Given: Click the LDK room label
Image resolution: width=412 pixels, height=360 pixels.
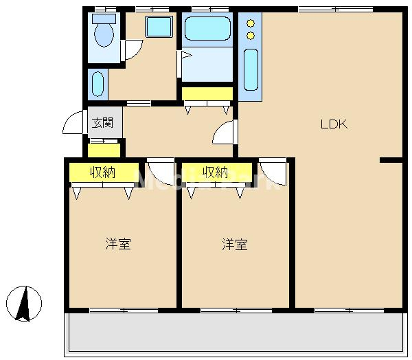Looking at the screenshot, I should coord(334,124).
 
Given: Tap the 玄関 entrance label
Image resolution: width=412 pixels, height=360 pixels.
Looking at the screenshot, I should coord(104,124).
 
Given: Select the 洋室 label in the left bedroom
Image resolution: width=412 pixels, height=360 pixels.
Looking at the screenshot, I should coord(118,244).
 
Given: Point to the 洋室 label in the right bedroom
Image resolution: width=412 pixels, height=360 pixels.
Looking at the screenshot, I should coord(235,244).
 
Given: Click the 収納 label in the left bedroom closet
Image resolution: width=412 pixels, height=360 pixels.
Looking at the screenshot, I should coord(103,172).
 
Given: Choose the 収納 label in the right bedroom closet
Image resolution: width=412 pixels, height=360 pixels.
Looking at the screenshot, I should coord(215,172).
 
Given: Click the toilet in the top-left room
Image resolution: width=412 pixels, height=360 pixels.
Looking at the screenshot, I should coord(104,32).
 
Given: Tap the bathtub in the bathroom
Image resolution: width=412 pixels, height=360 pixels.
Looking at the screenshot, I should coord(207,30).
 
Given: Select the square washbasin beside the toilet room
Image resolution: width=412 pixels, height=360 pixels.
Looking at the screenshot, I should coord(159,27).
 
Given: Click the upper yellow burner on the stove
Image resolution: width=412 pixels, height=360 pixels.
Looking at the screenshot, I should coord(251,21).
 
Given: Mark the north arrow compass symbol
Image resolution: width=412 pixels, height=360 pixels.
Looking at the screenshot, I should coord(25,302).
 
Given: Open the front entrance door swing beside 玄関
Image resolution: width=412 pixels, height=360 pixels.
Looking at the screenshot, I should coord(72,123).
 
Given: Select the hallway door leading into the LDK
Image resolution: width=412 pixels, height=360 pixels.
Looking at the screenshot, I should coord(224,133).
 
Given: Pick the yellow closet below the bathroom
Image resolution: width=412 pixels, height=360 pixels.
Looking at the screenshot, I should coord(207,93).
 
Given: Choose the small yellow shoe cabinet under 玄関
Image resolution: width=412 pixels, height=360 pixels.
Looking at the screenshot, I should coord(104,149).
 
